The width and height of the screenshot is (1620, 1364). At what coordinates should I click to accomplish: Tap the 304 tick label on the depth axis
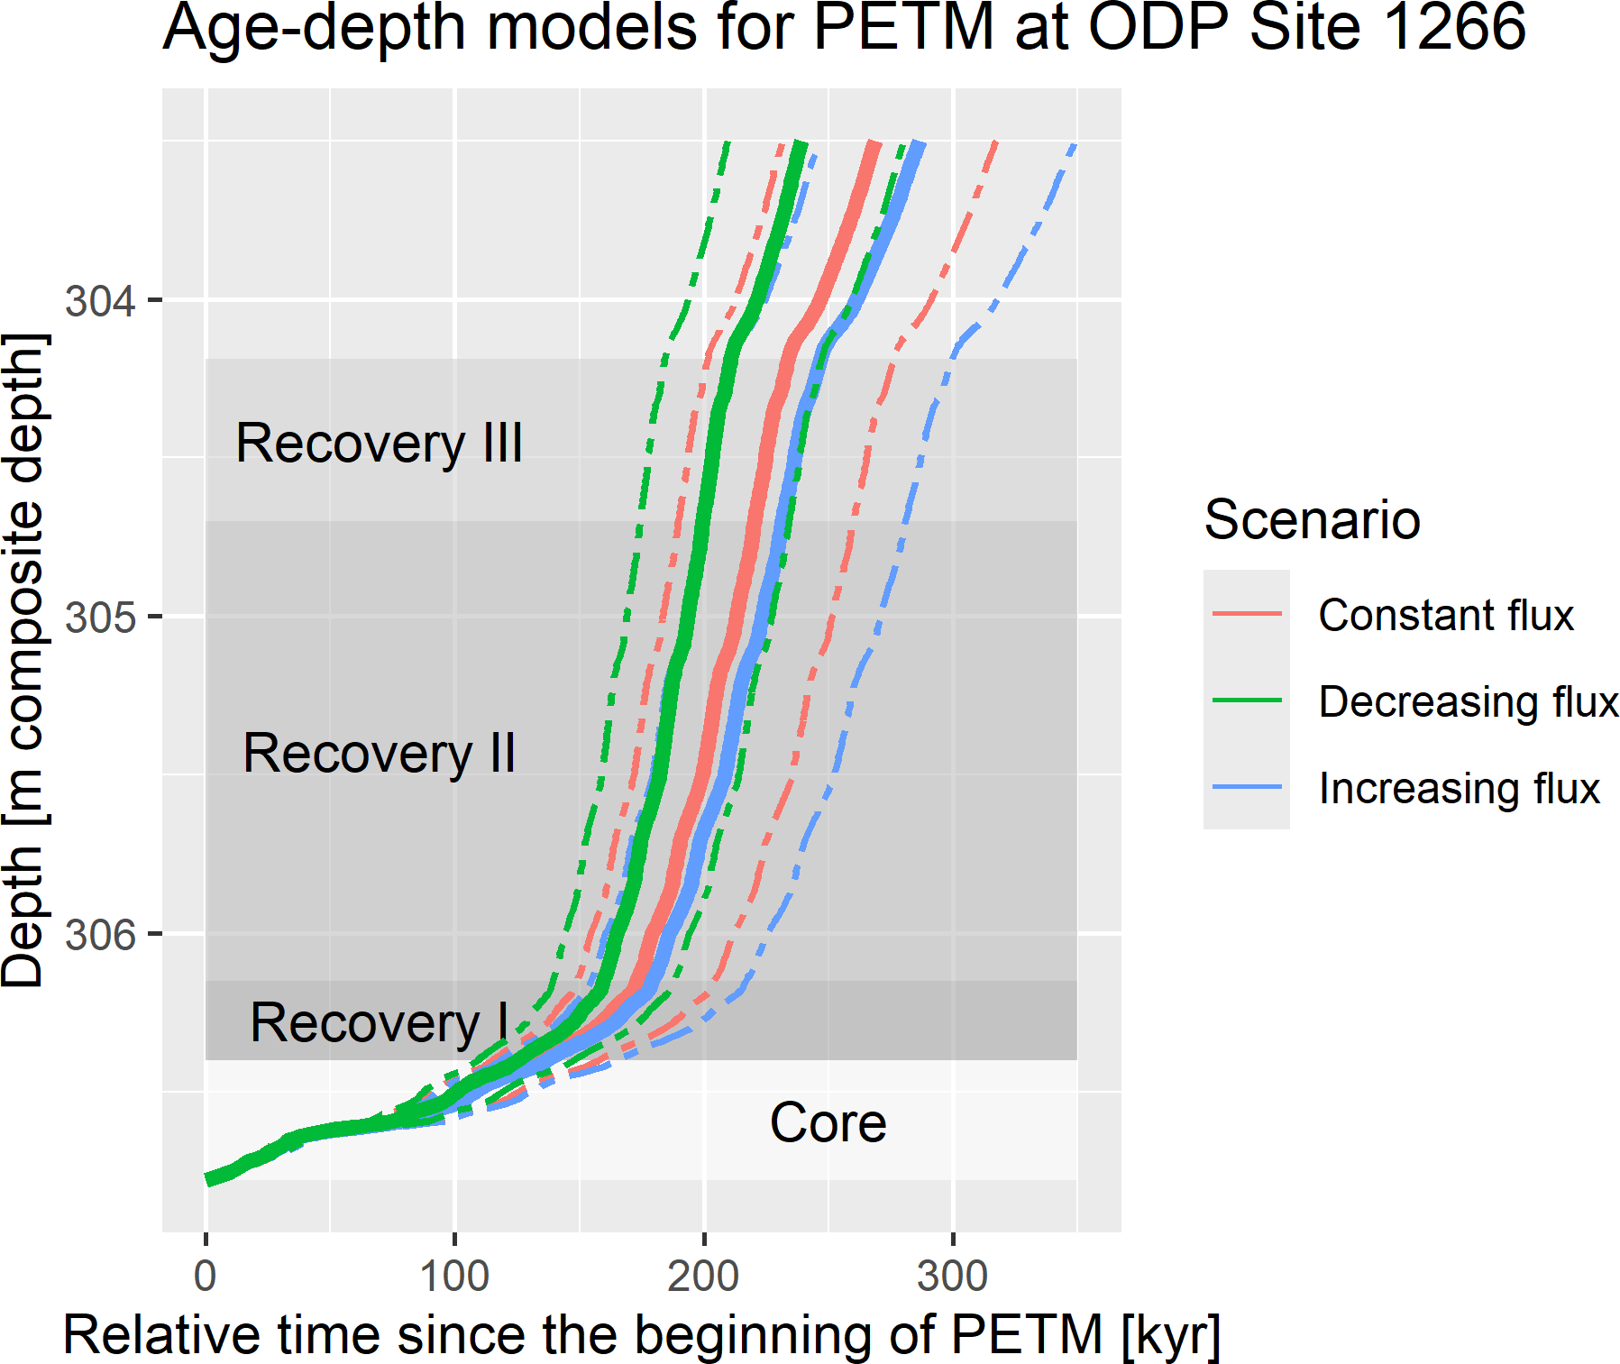(100, 300)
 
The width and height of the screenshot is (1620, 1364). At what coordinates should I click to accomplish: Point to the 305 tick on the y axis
(100, 618)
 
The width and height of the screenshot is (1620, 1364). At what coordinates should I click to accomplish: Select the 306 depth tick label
(100, 935)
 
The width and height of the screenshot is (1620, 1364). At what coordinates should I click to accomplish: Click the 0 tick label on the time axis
(206, 1276)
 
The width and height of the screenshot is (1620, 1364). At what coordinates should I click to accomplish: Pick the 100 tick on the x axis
(454, 1276)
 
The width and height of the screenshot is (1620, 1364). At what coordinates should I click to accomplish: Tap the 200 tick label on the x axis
(703, 1276)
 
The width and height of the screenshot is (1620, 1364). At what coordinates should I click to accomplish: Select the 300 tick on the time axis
(952, 1276)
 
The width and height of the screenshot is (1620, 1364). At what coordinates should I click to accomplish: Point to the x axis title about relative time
(641, 1335)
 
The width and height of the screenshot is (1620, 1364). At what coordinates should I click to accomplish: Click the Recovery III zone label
(379, 444)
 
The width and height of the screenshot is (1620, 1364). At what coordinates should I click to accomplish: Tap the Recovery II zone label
(379, 754)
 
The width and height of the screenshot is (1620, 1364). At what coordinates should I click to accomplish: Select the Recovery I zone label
(379, 1023)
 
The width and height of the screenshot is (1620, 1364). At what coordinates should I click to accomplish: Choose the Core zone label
(828, 1123)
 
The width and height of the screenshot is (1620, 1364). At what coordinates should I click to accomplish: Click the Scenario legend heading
(1312, 520)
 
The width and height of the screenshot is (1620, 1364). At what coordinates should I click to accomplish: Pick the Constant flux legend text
(1445, 615)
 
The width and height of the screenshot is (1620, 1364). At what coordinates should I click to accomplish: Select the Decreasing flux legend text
(1468, 701)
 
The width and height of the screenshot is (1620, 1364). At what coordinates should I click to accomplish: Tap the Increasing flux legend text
(1459, 788)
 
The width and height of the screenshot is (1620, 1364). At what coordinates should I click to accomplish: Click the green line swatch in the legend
(1247, 700)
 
